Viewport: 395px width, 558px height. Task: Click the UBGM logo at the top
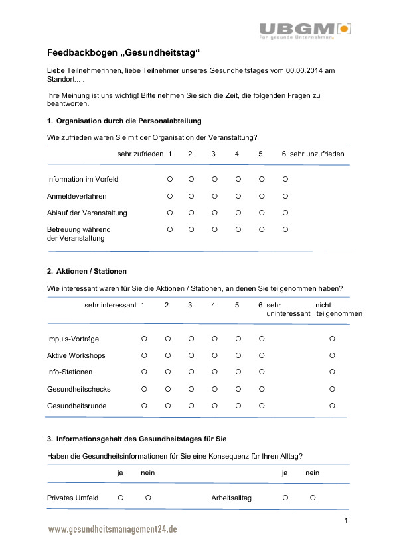pyautogui.click(x=305, y=29)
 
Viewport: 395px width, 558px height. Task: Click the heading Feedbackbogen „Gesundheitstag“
pyautogui.click(x=123, y=52)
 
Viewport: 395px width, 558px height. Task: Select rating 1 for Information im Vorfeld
pyautogui.click(x=170, y=179)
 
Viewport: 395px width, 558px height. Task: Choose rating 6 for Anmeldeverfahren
pyautogui.click(x=285, y=196)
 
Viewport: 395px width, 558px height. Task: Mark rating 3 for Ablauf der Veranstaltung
pyautogui.click(x=214, y=213)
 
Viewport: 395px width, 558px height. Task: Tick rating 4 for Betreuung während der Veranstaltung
pyautogui.click(x=238, y=229)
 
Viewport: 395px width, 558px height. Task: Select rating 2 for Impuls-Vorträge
pyautogui.click(x=167, y=339)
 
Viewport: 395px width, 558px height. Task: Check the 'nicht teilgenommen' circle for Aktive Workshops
pyautogui.click(x=333, y=355)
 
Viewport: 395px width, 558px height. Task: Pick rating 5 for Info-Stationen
pyautogui.click(x=238, y=372)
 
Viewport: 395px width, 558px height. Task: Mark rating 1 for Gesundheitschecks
pyautogui.click(x=144, y=388)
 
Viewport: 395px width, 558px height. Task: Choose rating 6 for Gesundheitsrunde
pyautogui.click(x=262, y=405)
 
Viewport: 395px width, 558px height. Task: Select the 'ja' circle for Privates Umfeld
pyautogui.click(x=121, y=497)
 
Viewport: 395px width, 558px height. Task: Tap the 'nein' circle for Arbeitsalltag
pyautogui.click(x=312, y=497)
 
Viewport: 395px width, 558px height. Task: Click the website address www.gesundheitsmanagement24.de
pyautogui.click(x=112, y=530)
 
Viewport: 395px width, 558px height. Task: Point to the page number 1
pyautogui.click(x=346, y=520)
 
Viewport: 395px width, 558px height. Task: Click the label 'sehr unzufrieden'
pyautogui.click(x=317, y=154)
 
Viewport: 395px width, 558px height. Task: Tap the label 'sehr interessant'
pyautogui.click(x=110, y=305)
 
